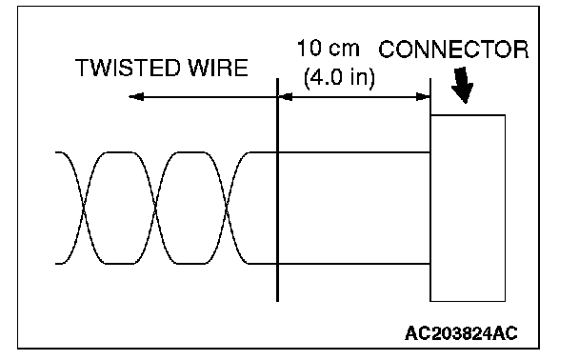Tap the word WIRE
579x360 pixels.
tap(218, 68)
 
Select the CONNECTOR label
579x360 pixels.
tap(453, 50)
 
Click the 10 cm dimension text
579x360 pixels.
tap(328, 49)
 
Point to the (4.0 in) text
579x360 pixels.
tap(339, 77)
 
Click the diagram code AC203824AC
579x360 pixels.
tap(461, 333)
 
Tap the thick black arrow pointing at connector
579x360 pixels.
tap(462, 85)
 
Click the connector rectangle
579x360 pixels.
tap(468, 208)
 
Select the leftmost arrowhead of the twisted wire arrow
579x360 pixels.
tap(136, 97)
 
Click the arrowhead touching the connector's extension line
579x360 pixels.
tap(423, 97)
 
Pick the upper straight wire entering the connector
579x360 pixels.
tap(353, 152)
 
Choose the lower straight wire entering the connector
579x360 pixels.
tap(353, 264)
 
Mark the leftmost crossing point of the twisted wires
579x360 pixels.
tap(84, 208)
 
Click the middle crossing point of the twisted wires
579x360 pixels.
tap(156, 208)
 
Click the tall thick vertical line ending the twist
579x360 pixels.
tap(277, 190)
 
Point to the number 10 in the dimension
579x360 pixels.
tap(309, 49)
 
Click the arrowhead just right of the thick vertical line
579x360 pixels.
tap(285, 97)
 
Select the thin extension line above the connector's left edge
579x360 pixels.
tap(430, 96)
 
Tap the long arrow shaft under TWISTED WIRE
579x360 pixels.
tap(203, 97)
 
